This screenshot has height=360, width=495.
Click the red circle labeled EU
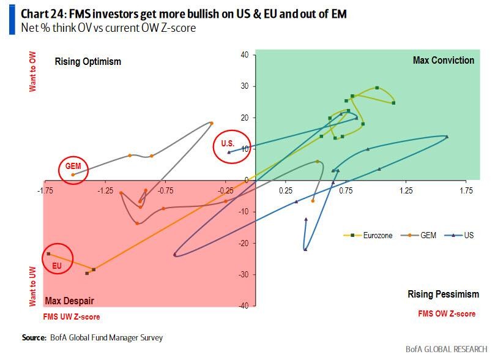[x=57, y=260]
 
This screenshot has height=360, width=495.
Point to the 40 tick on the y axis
[x=244, y=54]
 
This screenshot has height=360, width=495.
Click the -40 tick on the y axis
[x=243, y=306]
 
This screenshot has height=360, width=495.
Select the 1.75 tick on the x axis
[x=466, y=191]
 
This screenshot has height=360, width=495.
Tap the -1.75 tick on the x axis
[x=45, y=191]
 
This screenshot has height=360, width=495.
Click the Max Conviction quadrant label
[x=443, y=60]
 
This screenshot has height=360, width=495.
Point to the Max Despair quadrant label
[x=69, y=301]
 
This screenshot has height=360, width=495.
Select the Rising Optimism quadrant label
[x=88, y=61]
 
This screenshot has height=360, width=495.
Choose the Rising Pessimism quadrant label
[x=443, y=294]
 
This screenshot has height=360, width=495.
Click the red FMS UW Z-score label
[x=71, y=317]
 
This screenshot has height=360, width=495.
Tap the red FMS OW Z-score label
[x=447, y=313]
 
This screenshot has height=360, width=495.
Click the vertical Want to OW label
[x=33, y=74]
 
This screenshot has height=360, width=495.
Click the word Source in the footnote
[x=34, y=337]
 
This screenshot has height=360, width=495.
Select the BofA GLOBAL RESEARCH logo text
[x=445, y=350]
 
